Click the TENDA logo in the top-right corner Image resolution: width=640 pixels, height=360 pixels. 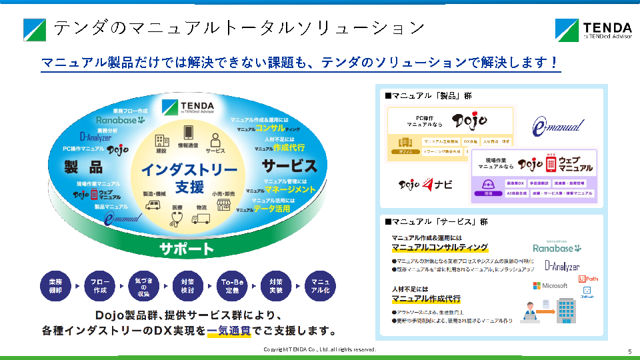tap(593, 30)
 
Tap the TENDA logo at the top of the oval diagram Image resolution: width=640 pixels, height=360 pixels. tap(188, 107)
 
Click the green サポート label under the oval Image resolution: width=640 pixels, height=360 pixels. tap(186, 250)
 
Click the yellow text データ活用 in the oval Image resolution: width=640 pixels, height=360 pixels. tap(273, 209)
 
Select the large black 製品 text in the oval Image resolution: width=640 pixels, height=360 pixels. tap(83, 166)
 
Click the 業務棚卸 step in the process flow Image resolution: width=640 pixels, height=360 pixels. tap(55, 286)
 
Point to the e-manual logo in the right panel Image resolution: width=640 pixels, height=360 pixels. tap(559, 126)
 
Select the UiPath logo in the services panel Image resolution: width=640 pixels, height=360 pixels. tap(587, 278)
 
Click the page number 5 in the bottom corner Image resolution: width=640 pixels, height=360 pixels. tap(629, 351)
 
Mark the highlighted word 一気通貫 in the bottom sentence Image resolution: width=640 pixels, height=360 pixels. tap(229, 331)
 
